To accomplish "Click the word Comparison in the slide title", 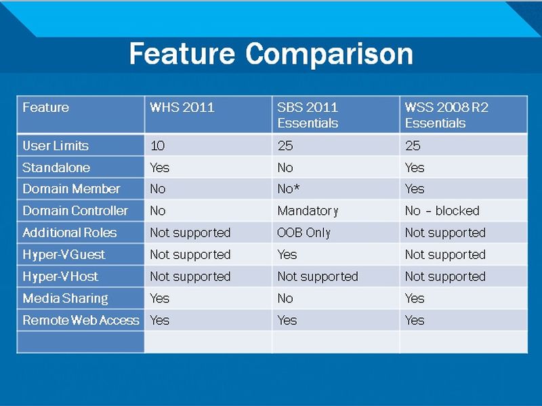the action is click(329, 54).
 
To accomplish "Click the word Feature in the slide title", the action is click(182, 54).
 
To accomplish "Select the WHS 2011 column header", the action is click(182, 107).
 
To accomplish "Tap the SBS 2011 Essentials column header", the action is click(308, 115).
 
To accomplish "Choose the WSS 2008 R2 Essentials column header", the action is click(446, 115).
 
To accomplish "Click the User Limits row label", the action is click(56, 146).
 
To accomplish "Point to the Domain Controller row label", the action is click(75, 211).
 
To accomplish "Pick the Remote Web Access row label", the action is click(81, 320).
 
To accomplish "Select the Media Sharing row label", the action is click(65, 298).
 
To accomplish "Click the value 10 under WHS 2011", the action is click(158, 146).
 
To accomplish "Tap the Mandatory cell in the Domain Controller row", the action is click(308, 211).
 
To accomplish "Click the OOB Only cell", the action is click(304, 232).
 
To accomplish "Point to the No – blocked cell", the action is click(442, 211).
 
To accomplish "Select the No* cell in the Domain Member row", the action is click(289, 189).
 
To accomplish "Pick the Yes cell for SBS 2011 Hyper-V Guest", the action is click(287, 255).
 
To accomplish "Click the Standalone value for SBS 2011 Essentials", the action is click(285, 167).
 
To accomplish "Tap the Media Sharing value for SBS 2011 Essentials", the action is click(285, 298).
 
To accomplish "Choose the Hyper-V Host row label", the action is click(60, 277).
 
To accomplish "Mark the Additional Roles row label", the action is click(70, 232).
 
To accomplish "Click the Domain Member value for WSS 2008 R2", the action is click(415, 189).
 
